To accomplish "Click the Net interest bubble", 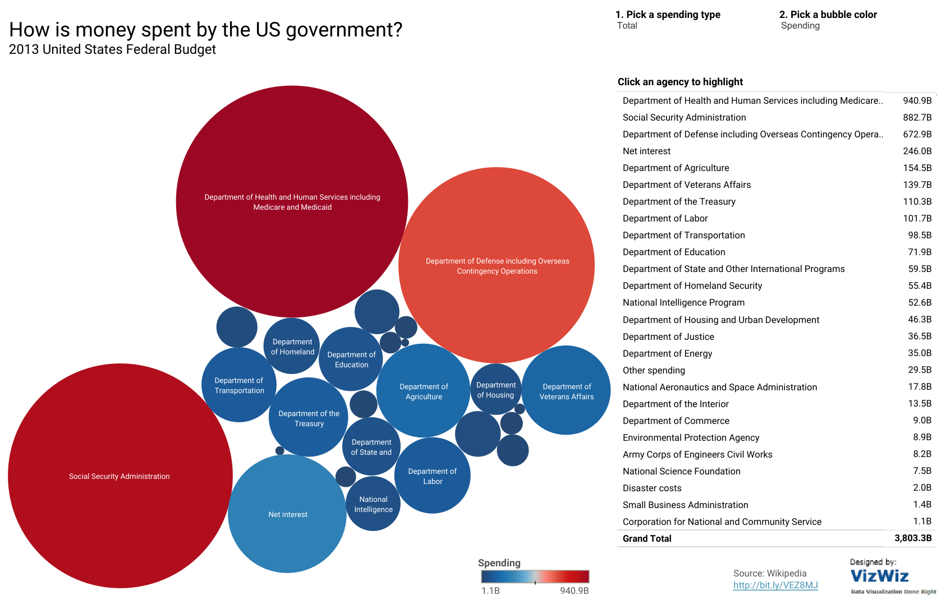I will tap(287, 514).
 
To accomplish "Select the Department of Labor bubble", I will tap(432, 476).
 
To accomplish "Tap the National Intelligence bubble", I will tap(373, 504).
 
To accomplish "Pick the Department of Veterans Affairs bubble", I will tap(566, 391).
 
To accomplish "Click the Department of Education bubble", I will tap(351, 359).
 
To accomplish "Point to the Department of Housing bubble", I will tap(495, 390).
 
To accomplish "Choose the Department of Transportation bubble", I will tap(239, 385).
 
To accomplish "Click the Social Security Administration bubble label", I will tap(120, 476).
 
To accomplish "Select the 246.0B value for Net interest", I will tap(917, 151).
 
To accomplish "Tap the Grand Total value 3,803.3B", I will tap(912, 538).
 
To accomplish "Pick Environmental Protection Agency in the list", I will tap(691, 437).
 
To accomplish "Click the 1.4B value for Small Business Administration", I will tap(922, 504).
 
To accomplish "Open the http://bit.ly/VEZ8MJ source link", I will tap(775, 585).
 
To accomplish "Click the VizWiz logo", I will tap(879, 576).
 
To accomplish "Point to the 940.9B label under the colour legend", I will tap(574, 590).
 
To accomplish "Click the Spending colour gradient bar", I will tap(535, 576).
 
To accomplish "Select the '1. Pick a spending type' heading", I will tap(668, 15).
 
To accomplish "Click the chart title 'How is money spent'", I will tap(205, 30).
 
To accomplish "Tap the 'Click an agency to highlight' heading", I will tap(680, 82).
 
